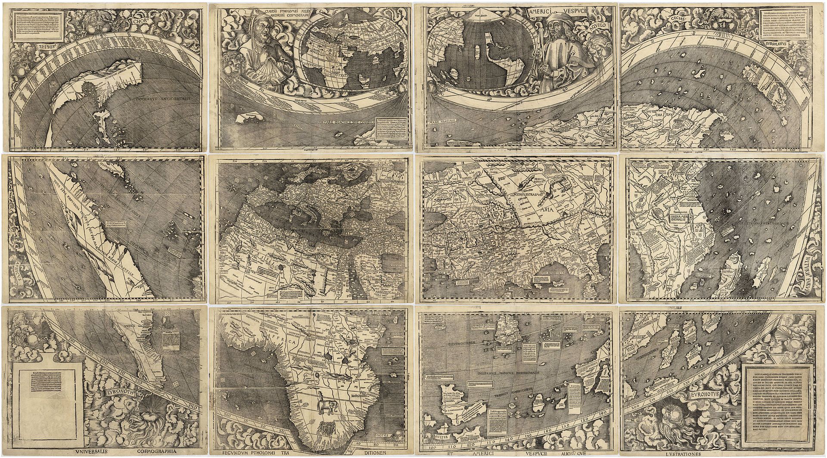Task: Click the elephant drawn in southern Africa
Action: click(324, 408)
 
